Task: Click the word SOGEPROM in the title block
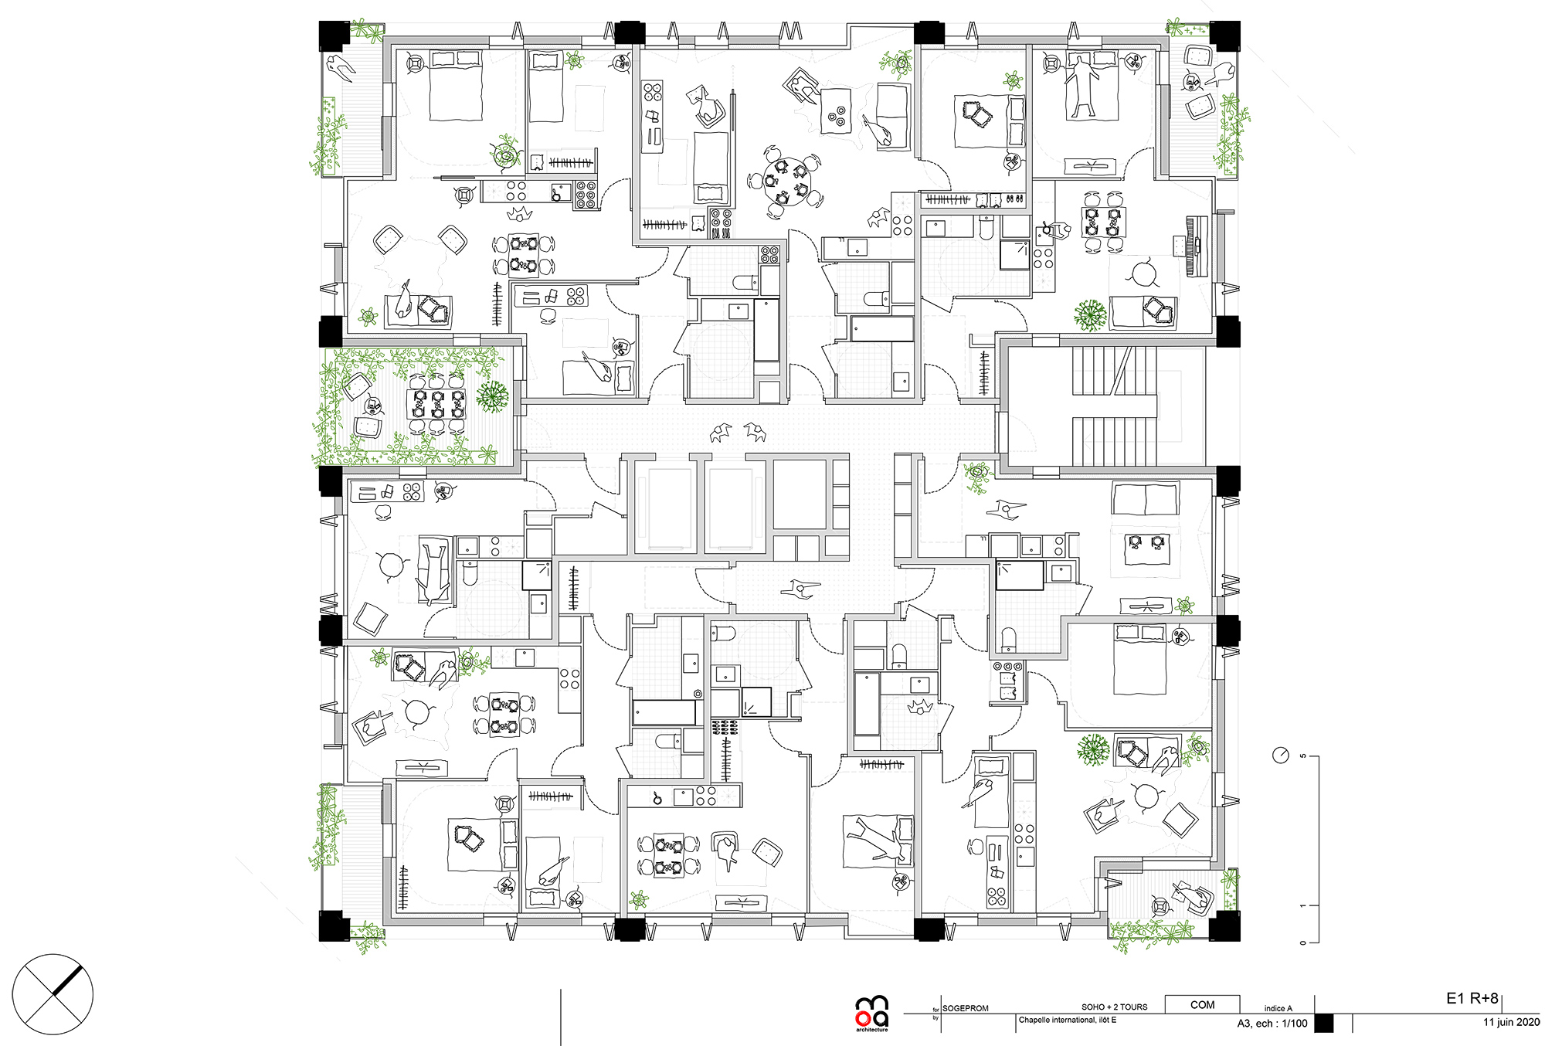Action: click(965, 1008)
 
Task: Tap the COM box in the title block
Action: click(1202, 1005)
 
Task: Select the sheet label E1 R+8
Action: click(1472, 998)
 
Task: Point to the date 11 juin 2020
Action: click(1510, 1022)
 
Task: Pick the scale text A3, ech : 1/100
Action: click(1272, 1023)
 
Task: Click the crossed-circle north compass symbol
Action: click(53, 994)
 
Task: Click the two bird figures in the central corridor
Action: click(738, 432)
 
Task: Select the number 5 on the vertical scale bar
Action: click(1302, 756)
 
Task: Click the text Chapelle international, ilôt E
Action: click(1067, 1020)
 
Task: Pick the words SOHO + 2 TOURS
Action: click(1114, 1007)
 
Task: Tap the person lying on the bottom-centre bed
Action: click(877, 840)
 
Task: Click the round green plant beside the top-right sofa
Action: click(1090, 314)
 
